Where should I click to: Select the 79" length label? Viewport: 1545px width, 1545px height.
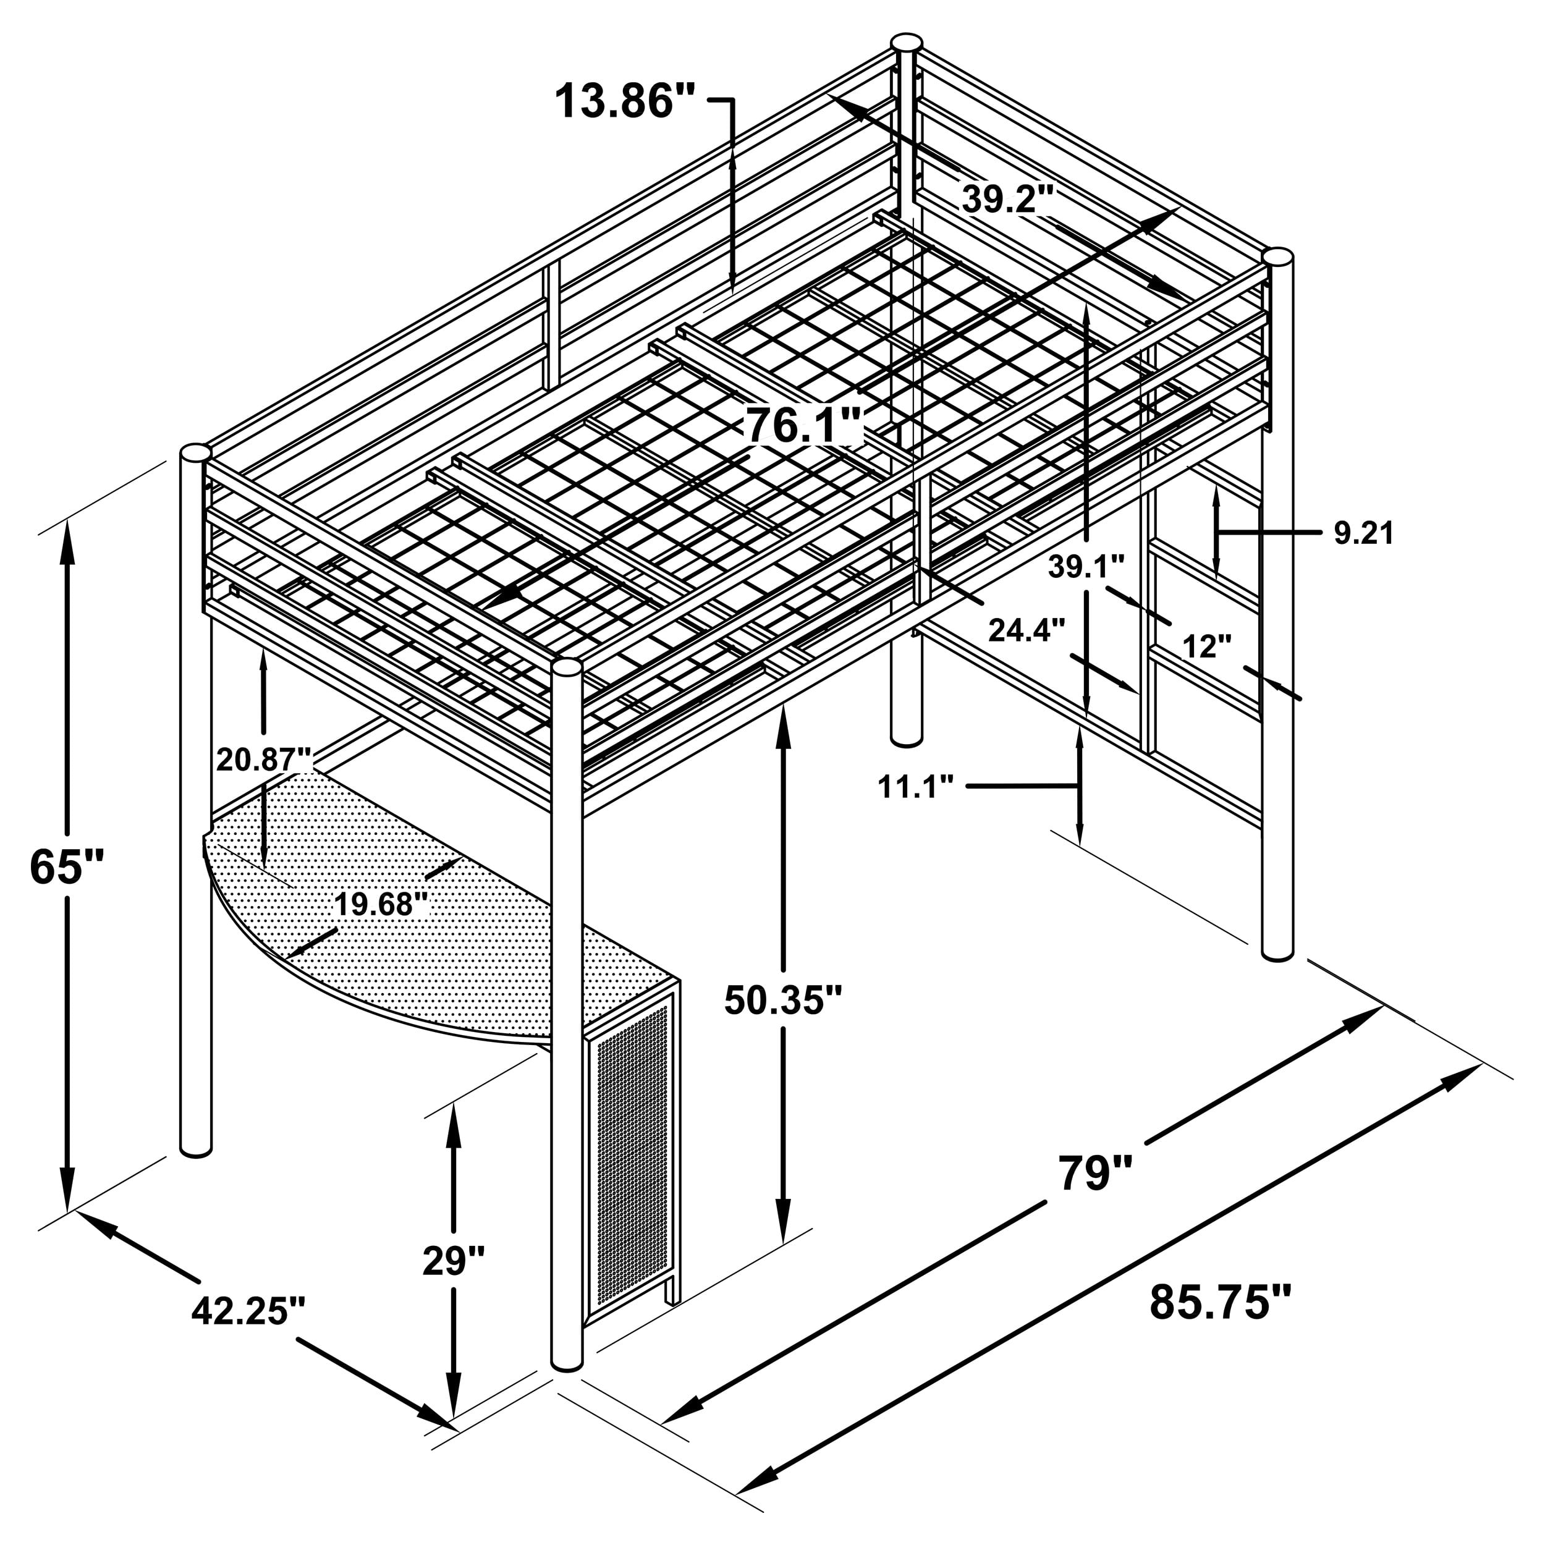[x=1096, y=1172]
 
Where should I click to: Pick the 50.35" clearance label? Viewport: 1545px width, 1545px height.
[x=783, y=999]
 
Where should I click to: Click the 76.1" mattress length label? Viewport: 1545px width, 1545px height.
[x=803, y=425]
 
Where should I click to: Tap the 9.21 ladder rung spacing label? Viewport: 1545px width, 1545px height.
[x=1363, y=533]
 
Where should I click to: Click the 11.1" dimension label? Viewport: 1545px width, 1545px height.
[x=916, y=787]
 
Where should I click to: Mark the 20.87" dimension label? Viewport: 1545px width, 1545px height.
[x=264, y=759]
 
